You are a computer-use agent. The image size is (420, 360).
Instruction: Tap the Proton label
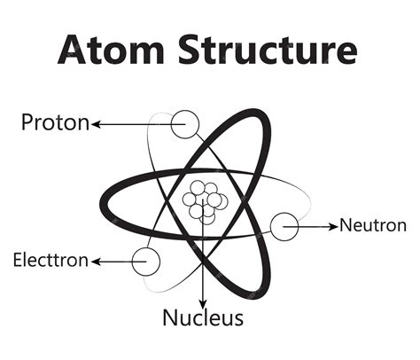[55, 123]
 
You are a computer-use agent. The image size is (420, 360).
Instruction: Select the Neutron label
[373, 225]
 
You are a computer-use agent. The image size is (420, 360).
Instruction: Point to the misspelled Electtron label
[51, 261]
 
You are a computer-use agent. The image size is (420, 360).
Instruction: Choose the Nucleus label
[203, 317]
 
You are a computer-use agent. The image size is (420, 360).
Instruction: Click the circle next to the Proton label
[186, 123]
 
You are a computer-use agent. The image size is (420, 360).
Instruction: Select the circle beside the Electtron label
[146, 261]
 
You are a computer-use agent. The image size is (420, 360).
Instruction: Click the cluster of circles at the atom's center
[205, 200]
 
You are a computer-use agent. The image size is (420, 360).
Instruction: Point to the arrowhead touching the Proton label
[96, 124]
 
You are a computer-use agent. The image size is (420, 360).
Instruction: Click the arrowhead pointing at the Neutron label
[334, 226]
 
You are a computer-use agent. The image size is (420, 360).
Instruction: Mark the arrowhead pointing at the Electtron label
[96, 262]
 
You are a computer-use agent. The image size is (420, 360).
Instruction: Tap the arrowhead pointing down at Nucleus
[203, 301]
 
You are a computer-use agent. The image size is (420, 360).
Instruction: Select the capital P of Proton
[27, 123]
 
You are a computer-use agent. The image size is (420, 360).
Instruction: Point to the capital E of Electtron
[18, 261]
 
